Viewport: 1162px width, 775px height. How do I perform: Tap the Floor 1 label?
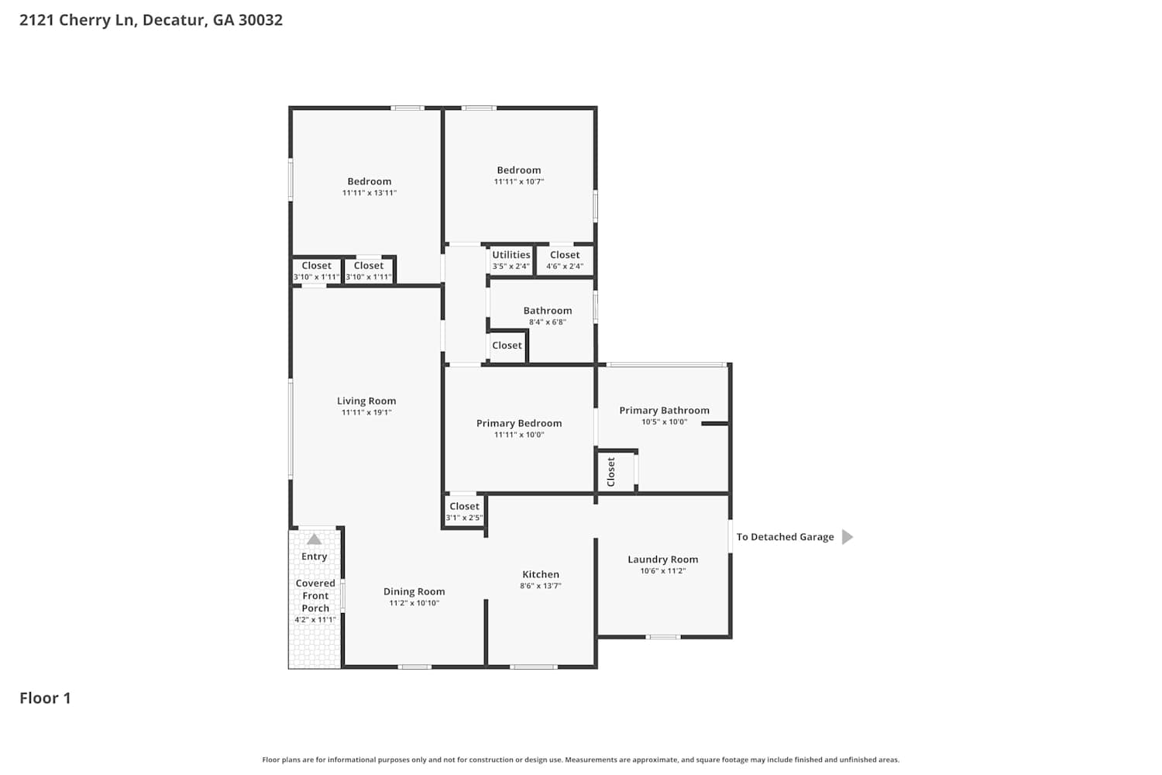(45, 698)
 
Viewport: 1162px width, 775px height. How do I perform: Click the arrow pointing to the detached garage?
(847, 537)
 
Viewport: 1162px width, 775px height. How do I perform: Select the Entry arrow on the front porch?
(314, 539)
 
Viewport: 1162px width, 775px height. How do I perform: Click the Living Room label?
(366, 401)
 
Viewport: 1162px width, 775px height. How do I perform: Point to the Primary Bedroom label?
(519, 423)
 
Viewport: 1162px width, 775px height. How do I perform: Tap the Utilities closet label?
(511, 254)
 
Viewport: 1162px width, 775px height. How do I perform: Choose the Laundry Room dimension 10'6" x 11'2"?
(663, 571)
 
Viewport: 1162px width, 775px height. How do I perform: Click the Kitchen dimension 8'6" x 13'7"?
(541, 586)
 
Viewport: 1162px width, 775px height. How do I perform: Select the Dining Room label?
(414, 591)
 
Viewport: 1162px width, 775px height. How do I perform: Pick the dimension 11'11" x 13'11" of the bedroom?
(370, 193)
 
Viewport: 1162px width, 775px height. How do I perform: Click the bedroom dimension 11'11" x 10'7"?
(519, 181)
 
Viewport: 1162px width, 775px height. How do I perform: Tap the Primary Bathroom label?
(664, 410)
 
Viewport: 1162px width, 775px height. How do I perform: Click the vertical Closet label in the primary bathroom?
(611, 472)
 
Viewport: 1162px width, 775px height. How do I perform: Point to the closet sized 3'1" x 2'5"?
(464, 511)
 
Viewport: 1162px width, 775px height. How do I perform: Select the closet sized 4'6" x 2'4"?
(565, 260)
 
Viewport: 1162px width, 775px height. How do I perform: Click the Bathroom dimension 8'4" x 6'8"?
(547, 322)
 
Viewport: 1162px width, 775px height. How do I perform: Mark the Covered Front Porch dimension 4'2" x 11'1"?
(315, 620)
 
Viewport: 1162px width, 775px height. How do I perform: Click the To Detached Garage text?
(785, 537)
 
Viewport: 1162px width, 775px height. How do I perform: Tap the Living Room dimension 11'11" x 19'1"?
(366, 412)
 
